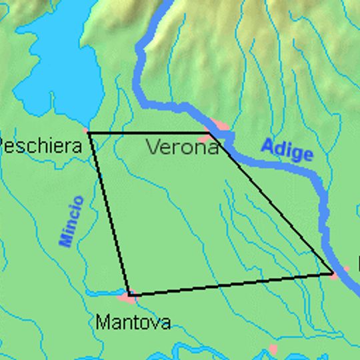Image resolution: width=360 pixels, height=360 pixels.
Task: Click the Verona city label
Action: [x=182, y=147]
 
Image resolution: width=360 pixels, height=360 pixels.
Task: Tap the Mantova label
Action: [x=133, y=323]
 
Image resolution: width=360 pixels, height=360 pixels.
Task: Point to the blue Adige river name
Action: [x=287, y=149]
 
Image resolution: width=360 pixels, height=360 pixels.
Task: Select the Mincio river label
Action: [x=71, y=221]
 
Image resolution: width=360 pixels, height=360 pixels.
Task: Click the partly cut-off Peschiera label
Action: [x=41, y=145]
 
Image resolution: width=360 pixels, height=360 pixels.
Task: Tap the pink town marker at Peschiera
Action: [x=87, y=130]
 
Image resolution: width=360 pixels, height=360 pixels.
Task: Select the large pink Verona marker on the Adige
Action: [x=219, y=125]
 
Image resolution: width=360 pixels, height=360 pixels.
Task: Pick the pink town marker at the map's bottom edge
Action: [x=272, y=349]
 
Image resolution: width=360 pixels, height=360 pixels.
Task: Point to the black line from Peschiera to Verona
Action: [x=150, y=133]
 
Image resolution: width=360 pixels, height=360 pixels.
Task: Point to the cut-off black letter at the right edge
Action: [x=358, y=263]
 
